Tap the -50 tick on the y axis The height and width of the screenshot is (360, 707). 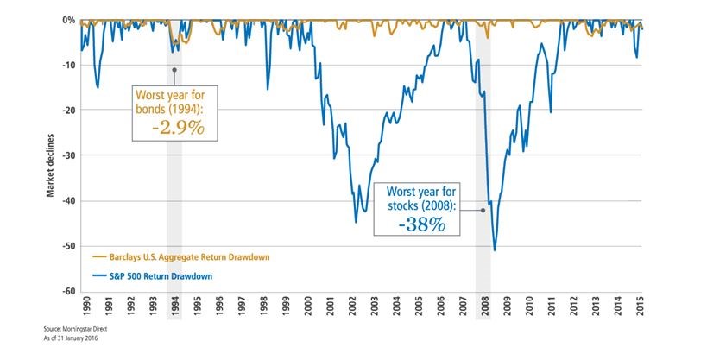tap(66, 246)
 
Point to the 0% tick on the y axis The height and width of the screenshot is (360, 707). tap(65, 19)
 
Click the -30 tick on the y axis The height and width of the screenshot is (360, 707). tap(66, 155)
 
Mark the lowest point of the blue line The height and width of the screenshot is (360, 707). tap(494, 250)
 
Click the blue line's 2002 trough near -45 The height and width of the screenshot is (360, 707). tap(356, 222)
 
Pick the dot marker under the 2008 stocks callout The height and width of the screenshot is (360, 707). tap(483, 210)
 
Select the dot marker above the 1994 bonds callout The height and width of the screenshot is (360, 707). tap(174, 70)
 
